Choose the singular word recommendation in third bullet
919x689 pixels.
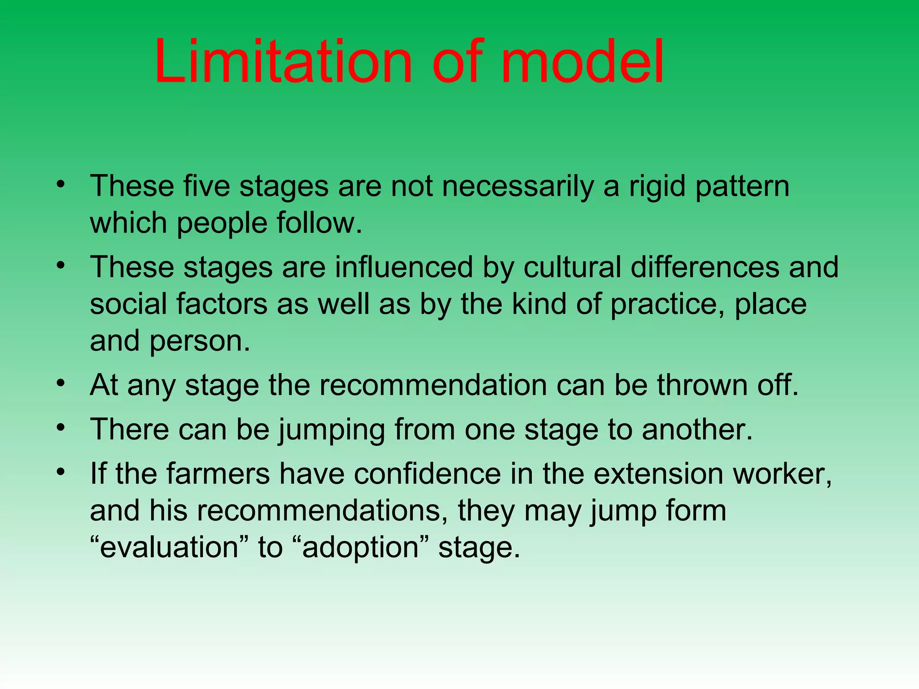(433, 385)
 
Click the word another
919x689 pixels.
(696, 430)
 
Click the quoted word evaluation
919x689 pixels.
(169, 548)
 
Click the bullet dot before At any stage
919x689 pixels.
(61, 384)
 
